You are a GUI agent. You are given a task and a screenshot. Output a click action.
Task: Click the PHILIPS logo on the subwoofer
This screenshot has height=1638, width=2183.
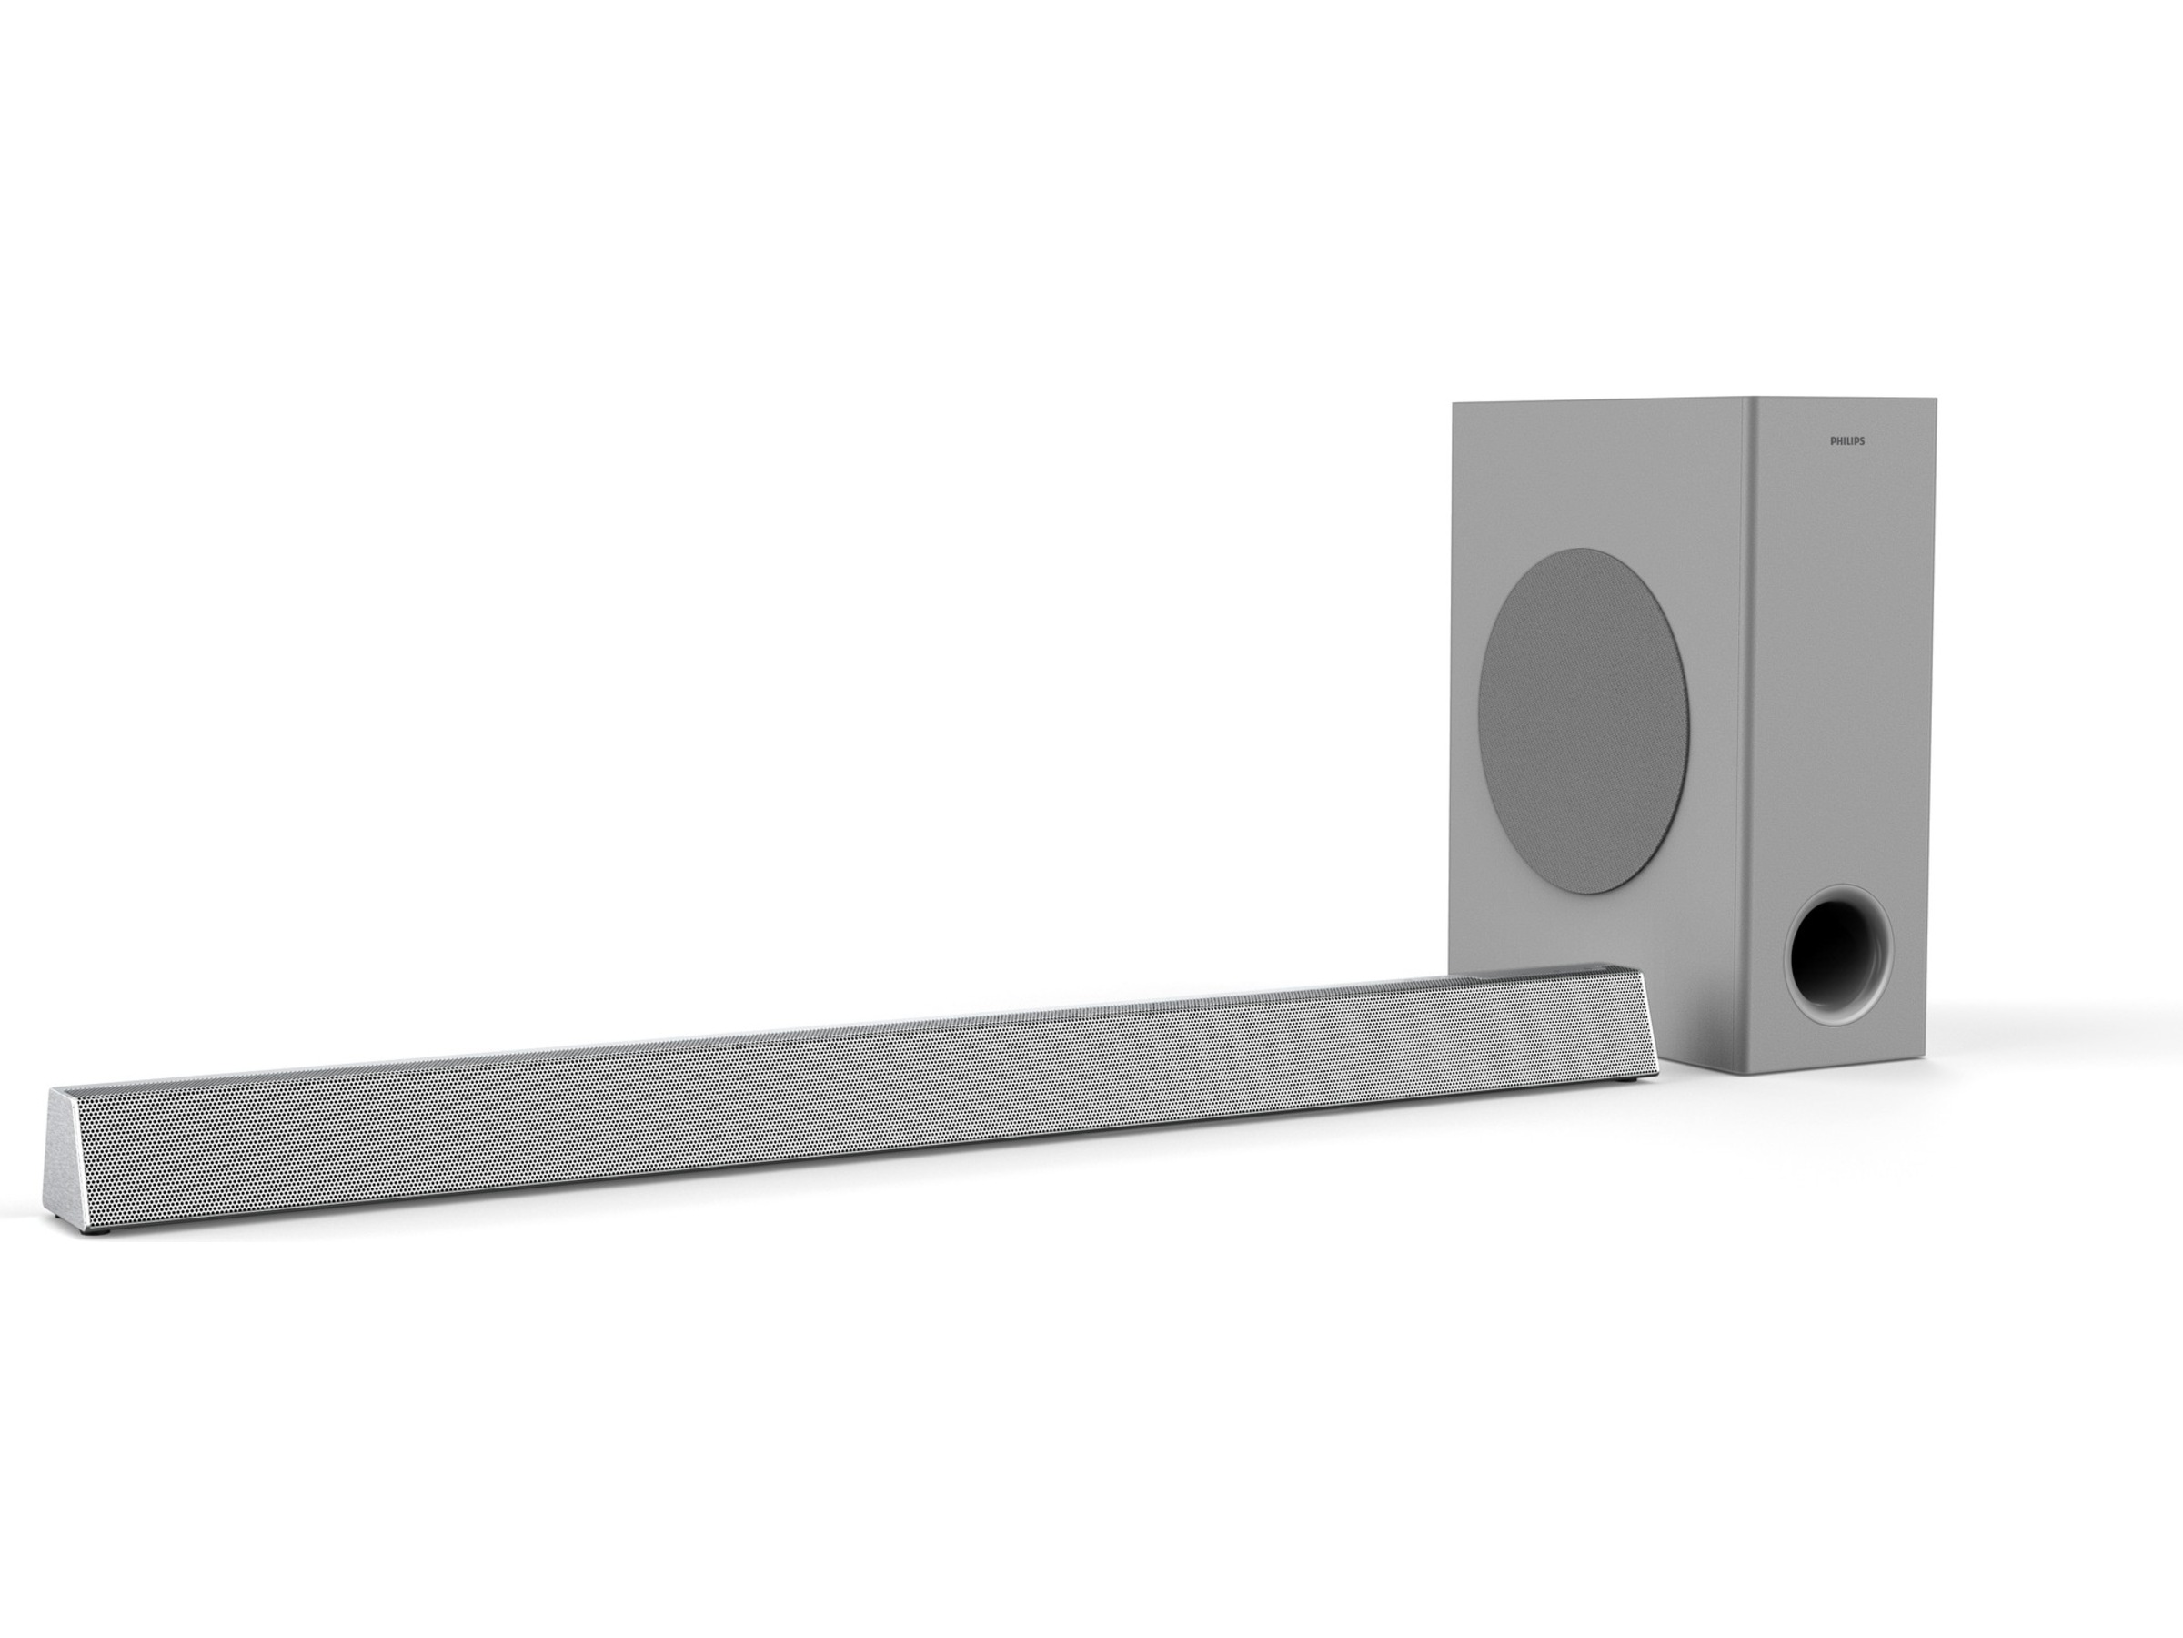(1847, 441)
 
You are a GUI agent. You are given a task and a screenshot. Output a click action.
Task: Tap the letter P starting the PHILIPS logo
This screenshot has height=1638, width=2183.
(1833, 441)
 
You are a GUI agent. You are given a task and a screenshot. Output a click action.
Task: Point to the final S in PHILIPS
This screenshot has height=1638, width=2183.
(1862, 441)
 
